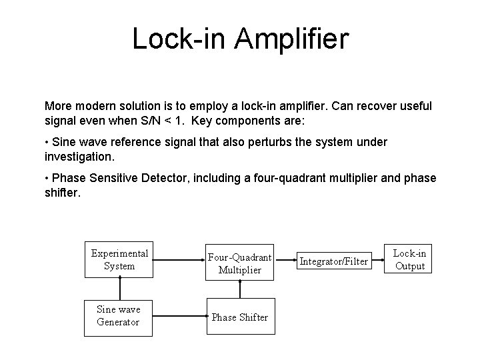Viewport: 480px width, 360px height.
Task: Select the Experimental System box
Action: (x=120, y=259)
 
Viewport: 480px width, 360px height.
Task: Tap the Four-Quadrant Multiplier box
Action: (x=240, y=263)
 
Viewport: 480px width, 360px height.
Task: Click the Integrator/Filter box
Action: (x=333, y=261)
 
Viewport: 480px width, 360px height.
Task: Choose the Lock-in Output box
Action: (x=409, y=259)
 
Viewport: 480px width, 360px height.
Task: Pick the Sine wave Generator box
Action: (x=120, y=316)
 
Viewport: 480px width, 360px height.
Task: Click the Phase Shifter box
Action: (x=240, y=317)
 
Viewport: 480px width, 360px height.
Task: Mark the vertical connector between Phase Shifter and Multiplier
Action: (x=240, y=290)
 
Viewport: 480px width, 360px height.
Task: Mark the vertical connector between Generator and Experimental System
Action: (x=120, y=288)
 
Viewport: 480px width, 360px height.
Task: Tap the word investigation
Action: (x=79, y=157)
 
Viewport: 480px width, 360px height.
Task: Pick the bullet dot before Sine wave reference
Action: (x=47, y=143)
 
